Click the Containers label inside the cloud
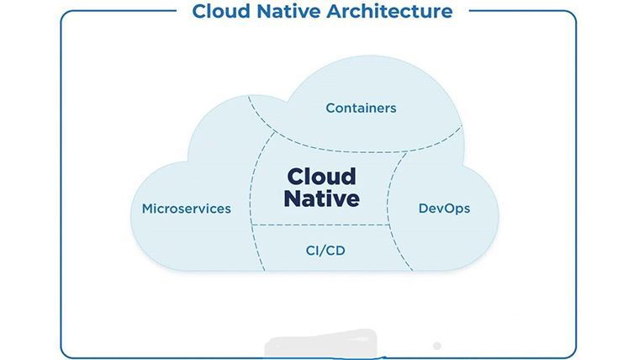[361, 109]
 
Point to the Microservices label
[187, 209]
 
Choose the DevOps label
[444, 209]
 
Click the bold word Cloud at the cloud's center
[322, 177]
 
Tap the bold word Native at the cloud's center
[322, 199]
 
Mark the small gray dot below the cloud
[436, 346]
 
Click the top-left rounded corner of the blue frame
[66, 16]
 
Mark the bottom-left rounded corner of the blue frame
[66, 353]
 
